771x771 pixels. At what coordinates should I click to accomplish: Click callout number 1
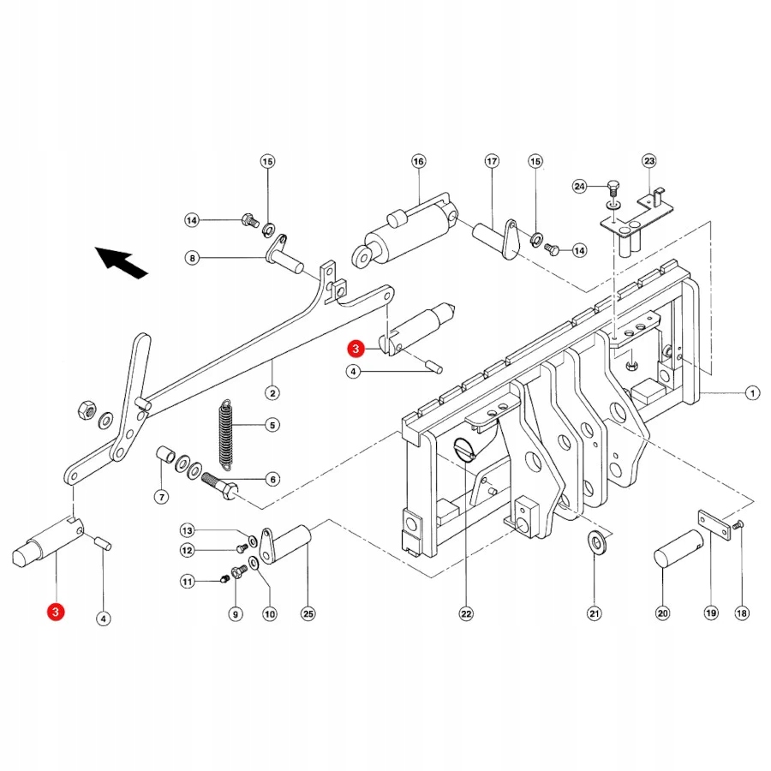click(751, 394)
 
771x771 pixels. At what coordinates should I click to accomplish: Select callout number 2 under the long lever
click(272, 393)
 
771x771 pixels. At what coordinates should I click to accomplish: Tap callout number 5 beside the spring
click(272, 424)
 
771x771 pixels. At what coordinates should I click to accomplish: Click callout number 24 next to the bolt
click(580, 186)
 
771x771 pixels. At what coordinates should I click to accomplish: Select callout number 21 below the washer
click(595, 613)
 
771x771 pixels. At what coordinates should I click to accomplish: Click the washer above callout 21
click(595, 542)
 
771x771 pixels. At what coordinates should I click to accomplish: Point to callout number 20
click(662, 613)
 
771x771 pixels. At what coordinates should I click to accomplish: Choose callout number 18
click(742, 613)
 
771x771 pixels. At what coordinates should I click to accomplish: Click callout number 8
click(192, 257)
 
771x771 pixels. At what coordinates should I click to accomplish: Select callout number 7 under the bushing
click(161, 496)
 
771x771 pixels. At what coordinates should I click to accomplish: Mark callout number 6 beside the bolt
click(272, 480)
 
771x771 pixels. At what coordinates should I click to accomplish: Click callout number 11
click(188, 583)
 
